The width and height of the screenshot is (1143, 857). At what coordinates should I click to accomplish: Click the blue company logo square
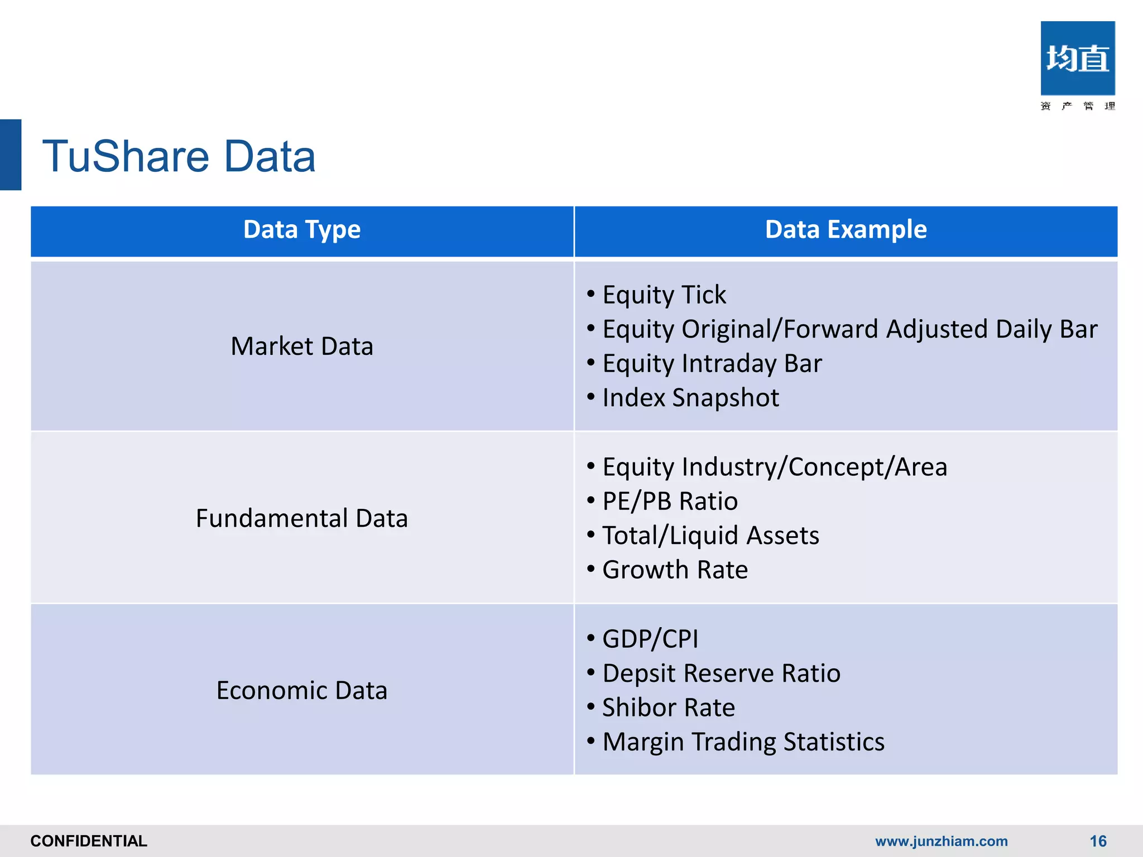(x=1077, y=58)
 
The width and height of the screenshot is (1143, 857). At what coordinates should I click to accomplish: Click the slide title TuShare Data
(x=179, y=156)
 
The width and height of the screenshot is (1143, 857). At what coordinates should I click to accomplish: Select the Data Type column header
(x=302, y=230)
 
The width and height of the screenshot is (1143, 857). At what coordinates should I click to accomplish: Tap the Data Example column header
(x=846, y=230)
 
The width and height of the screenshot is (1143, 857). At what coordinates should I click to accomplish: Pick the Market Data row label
(x=302, y=346)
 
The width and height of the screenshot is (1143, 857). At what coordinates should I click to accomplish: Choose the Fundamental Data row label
(x=302, y=518)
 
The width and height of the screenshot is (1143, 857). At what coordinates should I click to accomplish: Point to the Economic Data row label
(x=302, y=691)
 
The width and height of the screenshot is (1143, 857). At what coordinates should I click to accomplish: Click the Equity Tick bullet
(x=664, y=295)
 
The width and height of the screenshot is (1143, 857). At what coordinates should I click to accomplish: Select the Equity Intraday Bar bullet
(x=712, y=364)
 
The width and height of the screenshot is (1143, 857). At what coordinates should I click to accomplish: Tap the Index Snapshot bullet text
(x=690, y=398)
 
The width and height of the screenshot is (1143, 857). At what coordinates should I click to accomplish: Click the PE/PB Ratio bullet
(x=670, y=501)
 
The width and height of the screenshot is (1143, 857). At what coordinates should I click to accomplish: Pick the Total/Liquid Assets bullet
(x=710, y=536)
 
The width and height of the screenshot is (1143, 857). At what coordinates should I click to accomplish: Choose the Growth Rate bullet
(x=675, y=570)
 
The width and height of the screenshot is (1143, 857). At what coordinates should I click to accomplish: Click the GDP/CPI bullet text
(x=650, y=639)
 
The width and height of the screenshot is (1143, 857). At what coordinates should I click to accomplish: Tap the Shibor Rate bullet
(x=669, y=707)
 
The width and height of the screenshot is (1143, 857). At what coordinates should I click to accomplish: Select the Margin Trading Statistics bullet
(x=743, y=742)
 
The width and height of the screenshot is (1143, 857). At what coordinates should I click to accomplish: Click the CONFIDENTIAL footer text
(x=89, y=841)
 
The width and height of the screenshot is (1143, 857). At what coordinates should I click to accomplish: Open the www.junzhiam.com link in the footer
(x=941, y=841)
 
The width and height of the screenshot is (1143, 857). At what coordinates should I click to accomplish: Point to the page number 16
(x=1098, y=841)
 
